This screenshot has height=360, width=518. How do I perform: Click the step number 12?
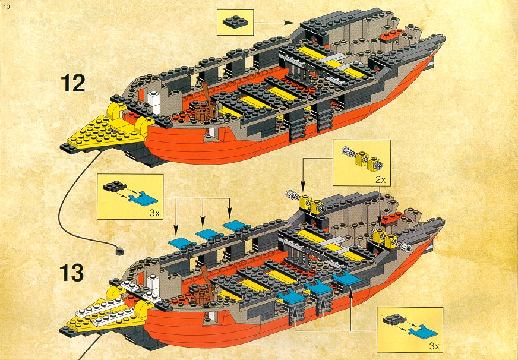point(72,83)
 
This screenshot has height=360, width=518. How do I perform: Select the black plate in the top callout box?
point(235,22)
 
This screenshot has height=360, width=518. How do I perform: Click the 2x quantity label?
point(381,181)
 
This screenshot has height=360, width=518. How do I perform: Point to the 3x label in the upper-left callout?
point(154,213)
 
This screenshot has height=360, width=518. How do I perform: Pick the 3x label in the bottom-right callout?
point(434,346)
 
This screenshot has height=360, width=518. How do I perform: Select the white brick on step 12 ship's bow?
point(154,99)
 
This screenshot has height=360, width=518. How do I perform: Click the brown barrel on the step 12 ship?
point(201,113)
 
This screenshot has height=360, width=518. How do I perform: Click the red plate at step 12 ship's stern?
point(392,35)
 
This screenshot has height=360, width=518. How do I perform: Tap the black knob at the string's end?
point(119,251)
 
